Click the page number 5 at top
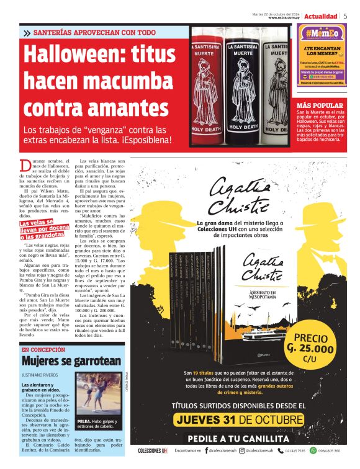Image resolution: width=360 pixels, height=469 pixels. [345, 16]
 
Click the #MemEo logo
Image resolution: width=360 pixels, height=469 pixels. [321, 34]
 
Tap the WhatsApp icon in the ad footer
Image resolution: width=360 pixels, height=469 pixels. [313, 450]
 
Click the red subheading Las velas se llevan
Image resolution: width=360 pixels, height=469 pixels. [44, 230]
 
